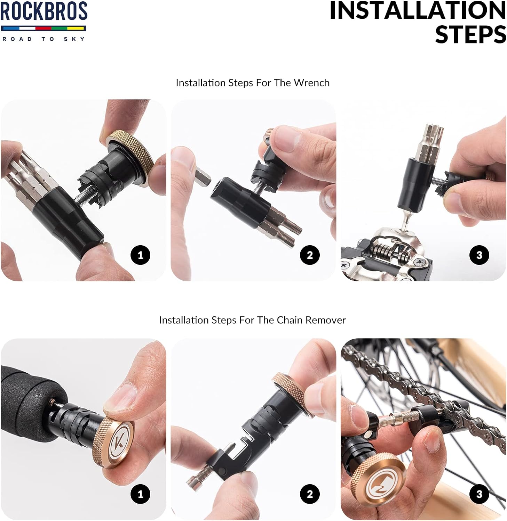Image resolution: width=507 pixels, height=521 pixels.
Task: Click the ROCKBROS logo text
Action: (x=44, y=11)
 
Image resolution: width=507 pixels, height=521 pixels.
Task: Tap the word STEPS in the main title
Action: (x=470, y=34)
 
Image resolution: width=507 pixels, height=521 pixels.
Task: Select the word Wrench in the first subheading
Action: (x=311, y=83)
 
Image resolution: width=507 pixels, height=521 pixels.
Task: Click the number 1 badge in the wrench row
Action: (x=140, y=255)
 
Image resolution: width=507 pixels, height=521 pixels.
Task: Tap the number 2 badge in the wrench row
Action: (x=310, y=255)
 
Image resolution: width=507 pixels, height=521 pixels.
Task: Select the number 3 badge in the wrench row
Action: (x=479, y=255)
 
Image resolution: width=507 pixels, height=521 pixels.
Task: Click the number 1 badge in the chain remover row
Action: (x=140, y=494)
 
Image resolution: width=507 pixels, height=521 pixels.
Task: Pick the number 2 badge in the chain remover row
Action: (x=310, y=494)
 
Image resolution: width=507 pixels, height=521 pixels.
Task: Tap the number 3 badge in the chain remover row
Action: (x=479, y=494)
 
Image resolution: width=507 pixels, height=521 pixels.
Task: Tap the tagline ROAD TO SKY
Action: (x=43, y=39)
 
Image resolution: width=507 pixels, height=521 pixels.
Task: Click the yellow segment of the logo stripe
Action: (x=76, y=28)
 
